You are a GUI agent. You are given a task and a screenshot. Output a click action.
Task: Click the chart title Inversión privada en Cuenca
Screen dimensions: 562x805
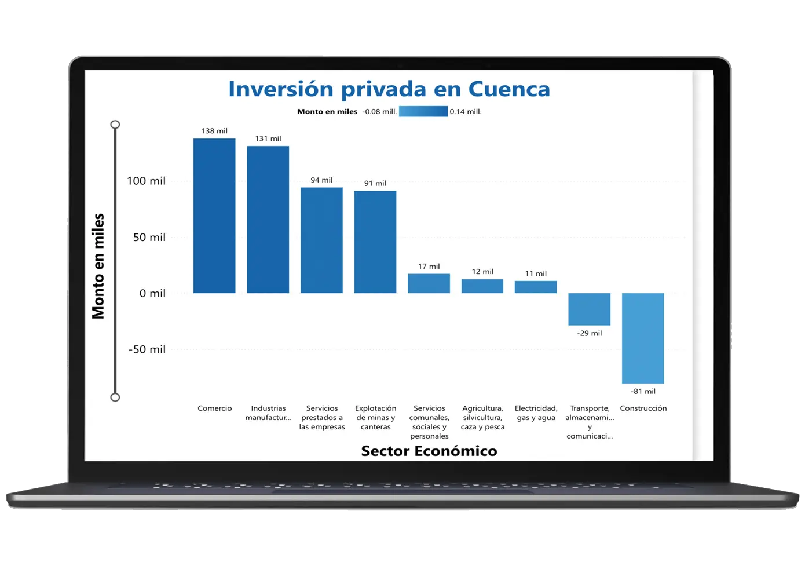389,89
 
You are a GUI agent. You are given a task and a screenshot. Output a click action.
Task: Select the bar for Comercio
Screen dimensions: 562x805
214,216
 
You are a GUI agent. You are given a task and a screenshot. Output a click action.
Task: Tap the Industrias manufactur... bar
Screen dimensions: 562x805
268,220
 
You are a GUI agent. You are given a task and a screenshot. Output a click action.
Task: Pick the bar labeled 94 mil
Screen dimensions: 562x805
321,240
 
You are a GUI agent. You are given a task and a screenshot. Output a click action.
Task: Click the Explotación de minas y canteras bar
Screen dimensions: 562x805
375,242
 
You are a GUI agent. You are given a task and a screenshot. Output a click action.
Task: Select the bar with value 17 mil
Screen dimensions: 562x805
429,283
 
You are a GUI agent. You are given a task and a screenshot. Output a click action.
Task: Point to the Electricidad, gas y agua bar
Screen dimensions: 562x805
536,287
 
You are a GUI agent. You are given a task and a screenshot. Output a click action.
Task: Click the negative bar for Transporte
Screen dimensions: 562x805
589,309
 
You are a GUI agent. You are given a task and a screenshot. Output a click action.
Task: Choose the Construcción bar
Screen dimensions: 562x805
643,338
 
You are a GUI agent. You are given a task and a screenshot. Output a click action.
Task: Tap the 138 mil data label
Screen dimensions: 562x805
214,131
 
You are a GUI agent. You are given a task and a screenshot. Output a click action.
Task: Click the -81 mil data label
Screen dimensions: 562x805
643,391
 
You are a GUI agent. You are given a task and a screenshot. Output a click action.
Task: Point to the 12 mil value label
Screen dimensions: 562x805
482,271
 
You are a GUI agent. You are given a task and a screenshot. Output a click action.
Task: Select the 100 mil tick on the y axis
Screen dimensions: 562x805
146,181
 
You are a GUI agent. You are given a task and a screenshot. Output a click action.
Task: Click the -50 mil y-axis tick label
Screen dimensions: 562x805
147,349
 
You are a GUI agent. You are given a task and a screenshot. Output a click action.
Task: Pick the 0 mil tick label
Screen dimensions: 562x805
152,293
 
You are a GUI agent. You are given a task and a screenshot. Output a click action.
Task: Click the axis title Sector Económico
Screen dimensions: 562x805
429,451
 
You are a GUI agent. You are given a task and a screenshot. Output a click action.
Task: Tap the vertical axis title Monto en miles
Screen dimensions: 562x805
98,266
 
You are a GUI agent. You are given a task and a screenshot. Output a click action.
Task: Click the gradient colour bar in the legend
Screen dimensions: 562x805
423,111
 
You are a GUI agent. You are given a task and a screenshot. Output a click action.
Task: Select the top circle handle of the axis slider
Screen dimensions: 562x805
115,125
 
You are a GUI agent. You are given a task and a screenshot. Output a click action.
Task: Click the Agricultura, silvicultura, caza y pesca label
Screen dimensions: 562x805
482,417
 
